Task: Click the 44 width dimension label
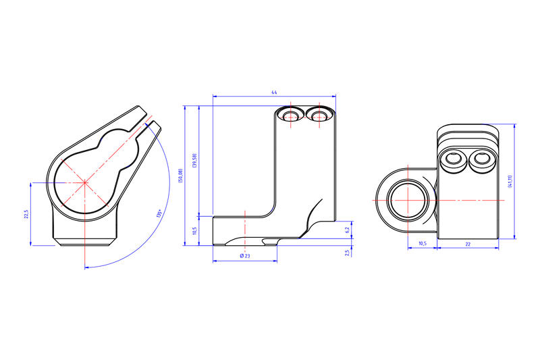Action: [274, 92]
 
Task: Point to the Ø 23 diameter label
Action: [244, 256]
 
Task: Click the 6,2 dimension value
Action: [347, 230]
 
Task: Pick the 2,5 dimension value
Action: [347, 253]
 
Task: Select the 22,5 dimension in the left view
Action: [26, 214]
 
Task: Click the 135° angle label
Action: [159, 214]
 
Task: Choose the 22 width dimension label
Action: [468, 244]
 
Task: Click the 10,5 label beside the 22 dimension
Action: [423, 244]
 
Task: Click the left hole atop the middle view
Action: [291, 116]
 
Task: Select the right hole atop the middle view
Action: [319, 116]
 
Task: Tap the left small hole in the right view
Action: [453, 159]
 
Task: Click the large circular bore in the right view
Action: [408, 201]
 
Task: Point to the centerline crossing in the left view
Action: [84, 182]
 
